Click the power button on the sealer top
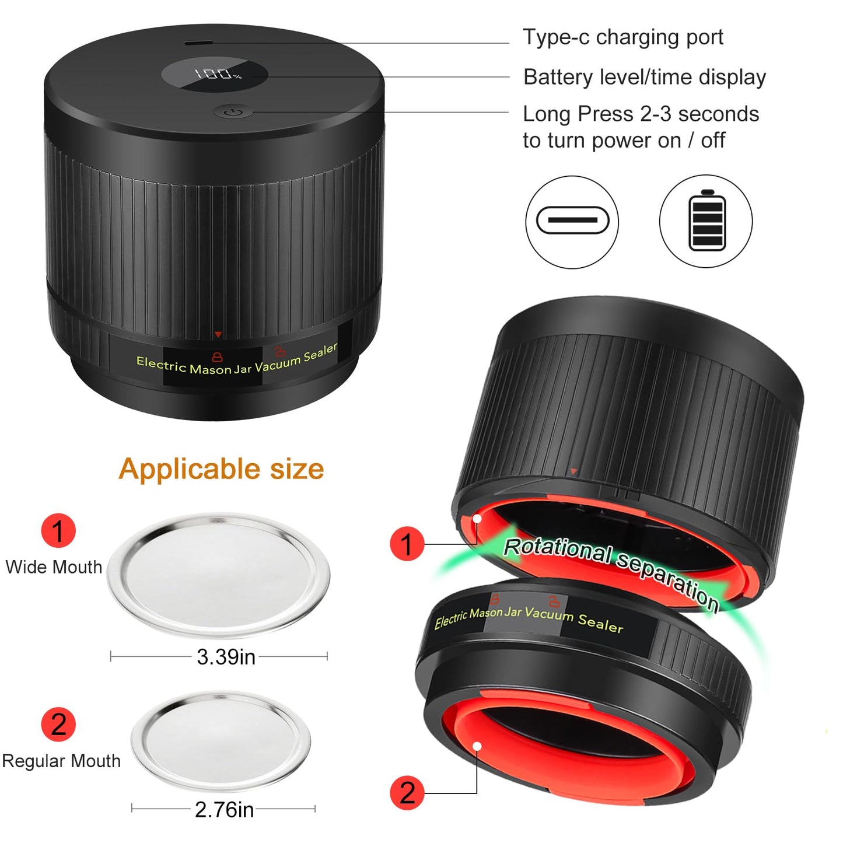[x=233, y=113]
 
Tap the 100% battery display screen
[x=215, y=74]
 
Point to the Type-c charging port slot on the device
[x=198, y=43]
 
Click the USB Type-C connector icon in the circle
[x=572, y=221]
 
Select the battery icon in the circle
[x=706, y=221]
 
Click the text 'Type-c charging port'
[x=622, y=37]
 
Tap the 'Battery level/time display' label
[x=645, y=78]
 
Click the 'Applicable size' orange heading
[x=221, y=469]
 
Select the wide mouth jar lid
[x=218, y=575]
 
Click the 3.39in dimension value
[x=226, y=657]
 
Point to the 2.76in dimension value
[x=224, y=809]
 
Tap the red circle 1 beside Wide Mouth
[x=58, y=530]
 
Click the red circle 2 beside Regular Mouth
[x=58, y=724]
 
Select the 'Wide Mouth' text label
[x=54, y=567]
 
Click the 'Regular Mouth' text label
[x=61, y=761]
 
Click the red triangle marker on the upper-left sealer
[x=218, y=335]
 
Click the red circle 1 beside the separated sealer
[x=407, y=544]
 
